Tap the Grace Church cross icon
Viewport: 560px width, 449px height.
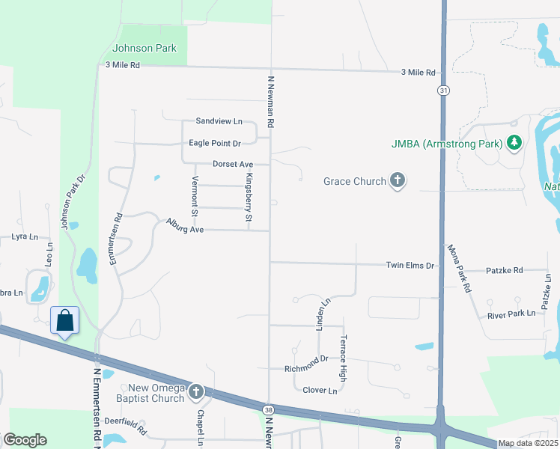[x=398, y=181]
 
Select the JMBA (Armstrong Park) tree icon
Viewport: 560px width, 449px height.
[x=514, y=142]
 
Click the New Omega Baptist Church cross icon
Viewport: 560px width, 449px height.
[x=195, y=391]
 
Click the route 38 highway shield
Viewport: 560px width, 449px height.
[x=269, y=409]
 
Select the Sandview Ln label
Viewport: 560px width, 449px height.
[x=219, y=121]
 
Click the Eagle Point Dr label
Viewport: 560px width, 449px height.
[x=215, y=143]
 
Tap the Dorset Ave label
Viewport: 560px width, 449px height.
[x=233, y=164]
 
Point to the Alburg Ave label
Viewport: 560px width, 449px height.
[x=186, y=224]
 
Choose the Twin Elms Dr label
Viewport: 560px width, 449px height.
[x=410, y=266]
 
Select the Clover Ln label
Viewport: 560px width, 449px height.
[x=321, y=390]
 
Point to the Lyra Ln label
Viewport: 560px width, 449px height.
[x=24, y=236]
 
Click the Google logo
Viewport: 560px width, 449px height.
[x=25, y=440]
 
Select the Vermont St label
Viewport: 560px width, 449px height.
[x=195, y=196]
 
